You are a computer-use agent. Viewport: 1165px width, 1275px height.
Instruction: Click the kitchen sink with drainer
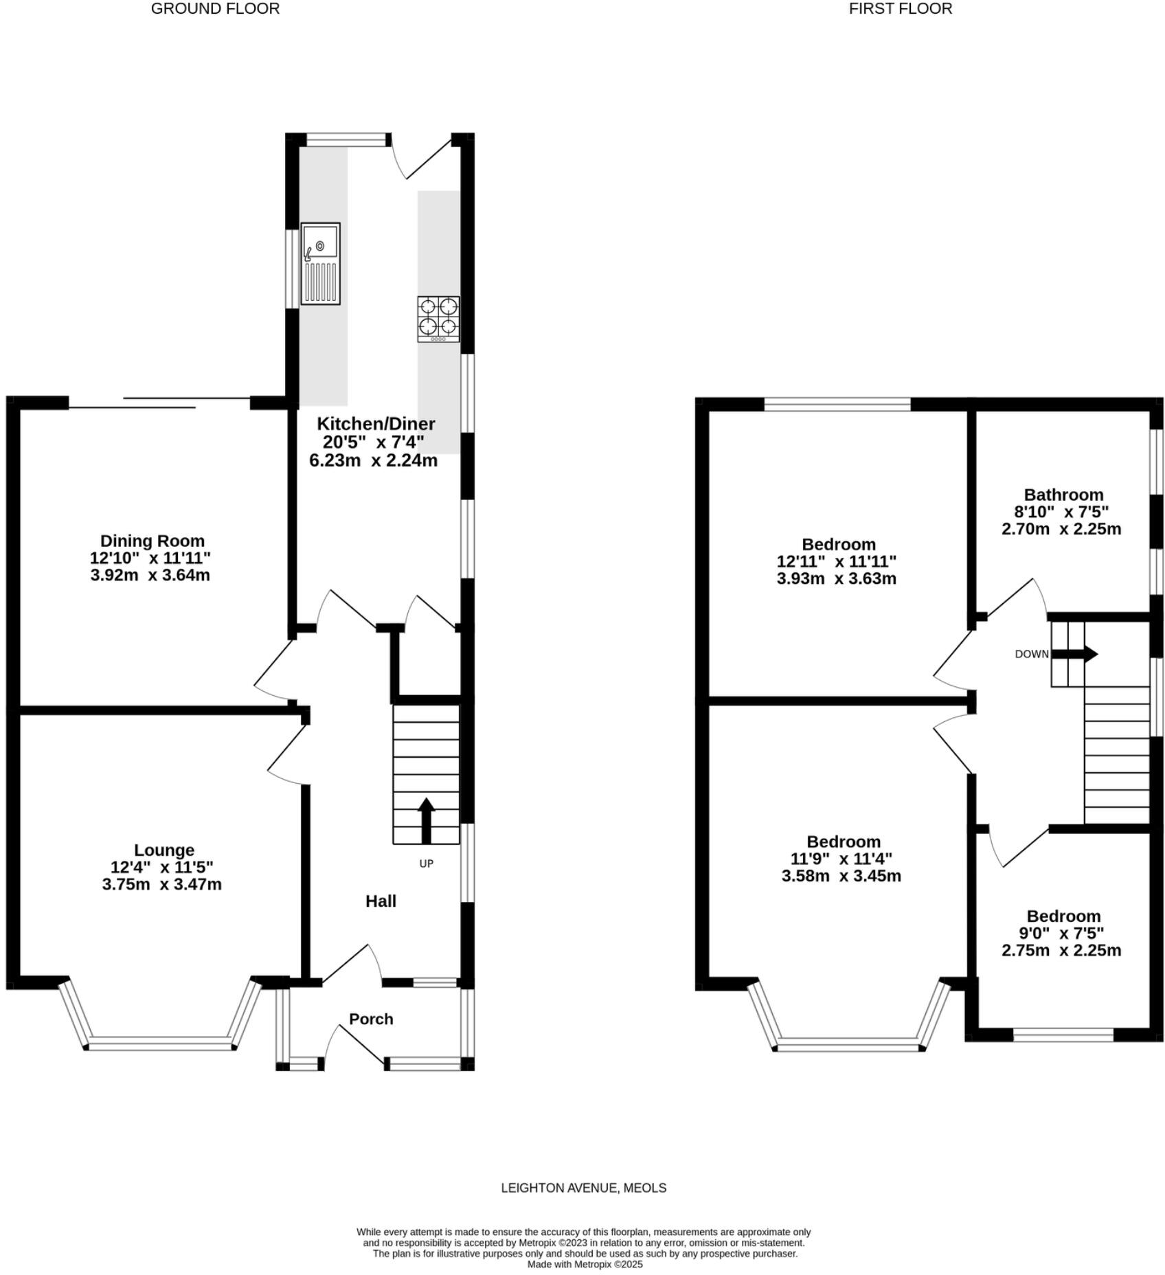pos(320,263)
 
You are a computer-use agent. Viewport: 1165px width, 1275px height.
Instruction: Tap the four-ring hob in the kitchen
pos(438,319)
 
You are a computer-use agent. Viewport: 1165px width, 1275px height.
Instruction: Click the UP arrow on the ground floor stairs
pos(426,820)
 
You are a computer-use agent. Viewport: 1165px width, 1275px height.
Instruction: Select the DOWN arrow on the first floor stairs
pos(1082,653)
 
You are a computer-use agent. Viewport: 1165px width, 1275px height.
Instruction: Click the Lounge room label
pos(163,850)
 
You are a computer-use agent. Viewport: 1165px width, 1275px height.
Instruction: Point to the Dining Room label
pos(152,540)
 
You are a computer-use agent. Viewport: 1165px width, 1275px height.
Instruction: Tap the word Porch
pos(371,1019)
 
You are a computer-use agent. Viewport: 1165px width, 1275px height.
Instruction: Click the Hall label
pos(381,901)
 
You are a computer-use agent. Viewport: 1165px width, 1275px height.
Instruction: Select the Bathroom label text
pos(1063,494)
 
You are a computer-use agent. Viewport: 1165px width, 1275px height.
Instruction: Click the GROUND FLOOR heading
pos(215,9)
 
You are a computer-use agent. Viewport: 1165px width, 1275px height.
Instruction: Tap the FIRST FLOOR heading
pos(900,9)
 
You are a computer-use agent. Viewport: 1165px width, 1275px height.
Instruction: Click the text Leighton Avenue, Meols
pos(583,1187)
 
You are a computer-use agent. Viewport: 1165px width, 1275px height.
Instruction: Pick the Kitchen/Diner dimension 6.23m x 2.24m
pos(373,460)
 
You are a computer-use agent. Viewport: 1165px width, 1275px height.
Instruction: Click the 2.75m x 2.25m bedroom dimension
pos(1061,950)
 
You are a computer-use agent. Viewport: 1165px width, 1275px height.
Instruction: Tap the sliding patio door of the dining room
pos(159,403)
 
